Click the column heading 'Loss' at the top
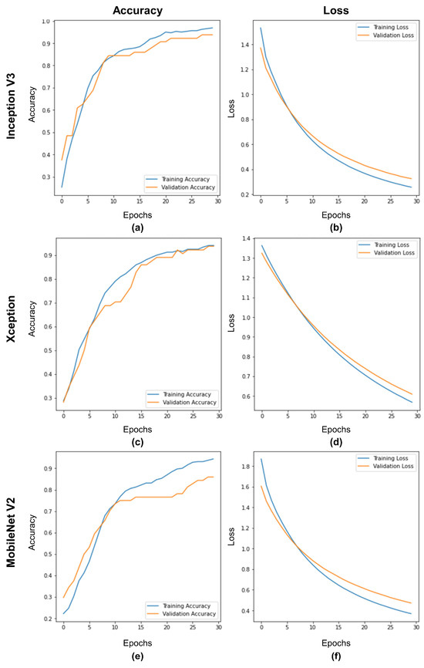[335, 10]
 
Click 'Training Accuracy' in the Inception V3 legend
[186, 179]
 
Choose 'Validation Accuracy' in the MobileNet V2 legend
[186, 614]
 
